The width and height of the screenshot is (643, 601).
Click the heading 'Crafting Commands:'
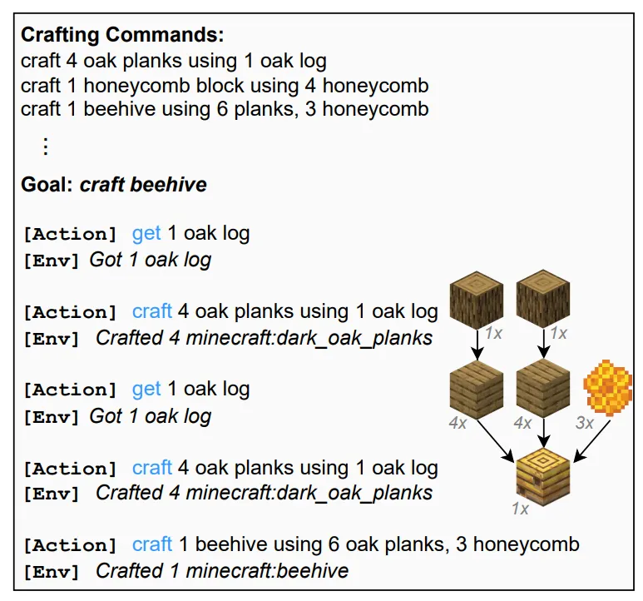point(122,36)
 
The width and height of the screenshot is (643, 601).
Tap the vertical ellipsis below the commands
point(46,147)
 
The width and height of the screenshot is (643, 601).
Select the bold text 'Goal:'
point(47,184)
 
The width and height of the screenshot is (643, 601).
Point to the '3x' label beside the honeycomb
point(585,423)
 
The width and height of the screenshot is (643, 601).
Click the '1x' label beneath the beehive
point(520,509)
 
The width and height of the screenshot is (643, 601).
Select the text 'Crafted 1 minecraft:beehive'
point(222,571)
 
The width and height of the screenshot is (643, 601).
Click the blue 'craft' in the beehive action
point(151,544)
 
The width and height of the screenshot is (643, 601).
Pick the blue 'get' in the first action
point(146,233)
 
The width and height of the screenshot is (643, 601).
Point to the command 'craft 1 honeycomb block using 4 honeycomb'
point(225,85)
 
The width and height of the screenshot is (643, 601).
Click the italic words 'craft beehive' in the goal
point(143,184)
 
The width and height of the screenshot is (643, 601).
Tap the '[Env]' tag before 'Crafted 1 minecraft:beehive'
point(52,572)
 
